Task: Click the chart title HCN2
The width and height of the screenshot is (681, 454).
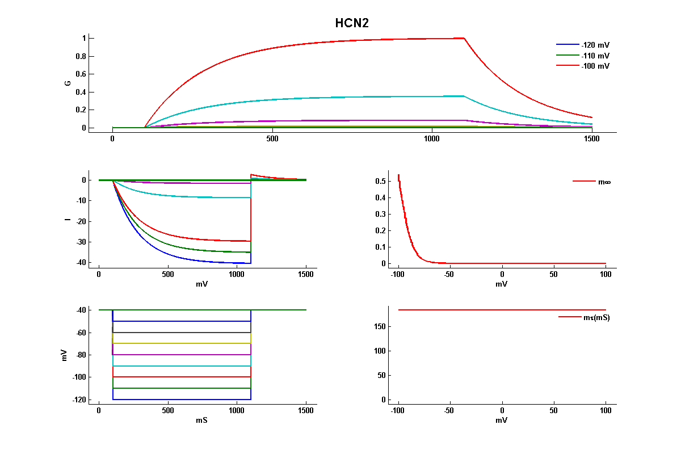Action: [352, 23]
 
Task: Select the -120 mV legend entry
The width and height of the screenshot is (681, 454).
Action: [595, 45]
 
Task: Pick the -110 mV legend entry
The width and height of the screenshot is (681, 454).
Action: [595, 56]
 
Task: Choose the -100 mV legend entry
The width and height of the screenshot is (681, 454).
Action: [595, 66]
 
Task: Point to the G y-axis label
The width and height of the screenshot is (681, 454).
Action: [68, 83]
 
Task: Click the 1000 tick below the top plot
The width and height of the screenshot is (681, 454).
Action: [432, 139]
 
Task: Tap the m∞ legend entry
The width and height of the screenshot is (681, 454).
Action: [604, 182]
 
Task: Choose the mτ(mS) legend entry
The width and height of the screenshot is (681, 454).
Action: [596, 317]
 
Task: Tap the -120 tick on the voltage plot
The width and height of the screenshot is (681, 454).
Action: [78, 400]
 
